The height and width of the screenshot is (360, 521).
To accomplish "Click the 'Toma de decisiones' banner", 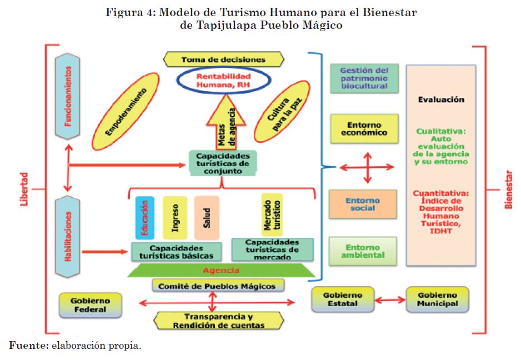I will [x=223, y=59].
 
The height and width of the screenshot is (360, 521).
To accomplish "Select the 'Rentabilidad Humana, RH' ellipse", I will [x=223, y=80].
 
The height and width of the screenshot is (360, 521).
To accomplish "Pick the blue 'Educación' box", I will [x=144, y=218].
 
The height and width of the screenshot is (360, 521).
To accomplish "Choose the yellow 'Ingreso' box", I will [x=175, y=218].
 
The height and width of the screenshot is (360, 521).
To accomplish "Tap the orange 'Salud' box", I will [x=207, y=218].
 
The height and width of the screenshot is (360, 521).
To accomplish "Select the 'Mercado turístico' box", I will [x=272, y=214].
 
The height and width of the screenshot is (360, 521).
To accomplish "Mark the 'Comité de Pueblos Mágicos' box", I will [x=217, y=286].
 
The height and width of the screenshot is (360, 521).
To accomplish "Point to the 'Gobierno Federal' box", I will [x=90, y=305].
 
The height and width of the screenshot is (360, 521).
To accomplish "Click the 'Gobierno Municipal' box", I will [x=438, y=299].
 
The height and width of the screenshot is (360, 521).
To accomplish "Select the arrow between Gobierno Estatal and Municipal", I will [x=390, y=300].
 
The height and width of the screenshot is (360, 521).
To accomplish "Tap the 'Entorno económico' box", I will [x=364, y=129].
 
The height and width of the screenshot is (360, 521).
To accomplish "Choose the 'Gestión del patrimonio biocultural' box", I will [x=364, y=78].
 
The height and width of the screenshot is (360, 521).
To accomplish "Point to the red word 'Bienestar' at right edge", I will [x=508, y=190].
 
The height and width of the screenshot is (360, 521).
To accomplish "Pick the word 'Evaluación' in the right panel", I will [x=440, y=99].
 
